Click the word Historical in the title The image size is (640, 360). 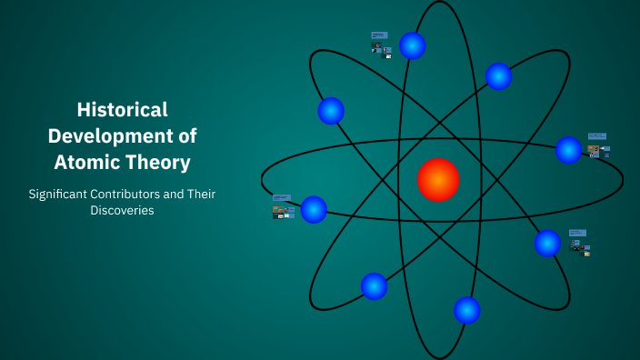(122, 110)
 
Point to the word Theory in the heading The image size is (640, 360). (160, 163)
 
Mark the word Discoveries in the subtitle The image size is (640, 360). (122, 211)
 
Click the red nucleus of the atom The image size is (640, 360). (438, 180)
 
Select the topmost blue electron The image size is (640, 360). (413, 45)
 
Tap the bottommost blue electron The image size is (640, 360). (467, 310)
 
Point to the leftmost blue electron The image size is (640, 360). (314, 209)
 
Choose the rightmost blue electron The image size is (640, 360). (569, 150)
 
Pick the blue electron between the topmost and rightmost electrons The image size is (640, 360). (498, 76)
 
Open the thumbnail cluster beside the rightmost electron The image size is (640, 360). (597, 145)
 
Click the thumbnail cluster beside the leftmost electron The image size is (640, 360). (283, 207)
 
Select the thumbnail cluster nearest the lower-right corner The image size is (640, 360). (579, 242)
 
